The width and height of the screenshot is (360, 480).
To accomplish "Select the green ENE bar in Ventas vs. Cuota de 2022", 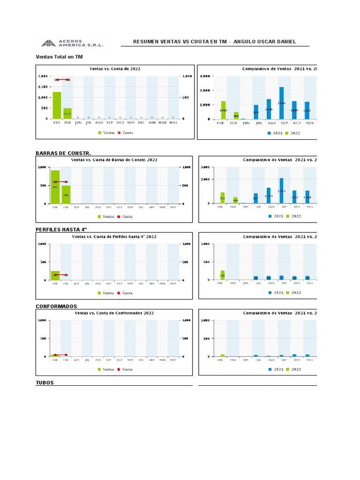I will pyautogui.click(x=57, y=105).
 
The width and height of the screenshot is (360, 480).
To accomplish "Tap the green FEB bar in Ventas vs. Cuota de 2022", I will pyautogui.click(x=67, y=113).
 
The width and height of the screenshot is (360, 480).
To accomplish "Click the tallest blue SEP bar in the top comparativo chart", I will pyautogui.click(x=281, y=103).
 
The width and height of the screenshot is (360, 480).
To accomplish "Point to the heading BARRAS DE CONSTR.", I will pyautogui.click(x=63, y=153).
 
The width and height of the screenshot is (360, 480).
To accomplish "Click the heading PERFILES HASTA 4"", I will pyautogui.click(x=61, y=229).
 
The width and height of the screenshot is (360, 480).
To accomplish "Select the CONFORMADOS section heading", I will pyautogui.click(x=56, y=306).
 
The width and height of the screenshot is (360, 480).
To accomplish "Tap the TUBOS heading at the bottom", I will pyautogui.click(x=45, y=382).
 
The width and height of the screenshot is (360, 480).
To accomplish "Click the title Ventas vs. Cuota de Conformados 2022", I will pyautogui.click(x=114, y=313).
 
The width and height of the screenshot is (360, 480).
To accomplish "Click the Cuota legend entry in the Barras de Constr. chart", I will pyautogui.click(x=125, y=217).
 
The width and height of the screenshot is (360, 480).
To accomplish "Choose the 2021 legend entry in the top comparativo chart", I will pyautogui.click(x=276, y=133).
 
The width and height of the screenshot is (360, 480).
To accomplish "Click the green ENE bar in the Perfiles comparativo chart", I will pyautogui.click(x=223, y=275).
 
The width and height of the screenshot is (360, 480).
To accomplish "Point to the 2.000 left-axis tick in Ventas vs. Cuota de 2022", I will pyautogui.click(x=43, y=76).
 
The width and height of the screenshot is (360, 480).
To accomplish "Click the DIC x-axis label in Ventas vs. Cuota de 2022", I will pyautogui.click(x=141, y=123).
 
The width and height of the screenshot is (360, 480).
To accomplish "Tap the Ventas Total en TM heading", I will pyautogui.click(x=59, y=57).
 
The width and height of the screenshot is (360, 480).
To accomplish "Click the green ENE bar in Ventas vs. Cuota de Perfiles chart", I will pyautogui.click(x=55, y=276).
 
